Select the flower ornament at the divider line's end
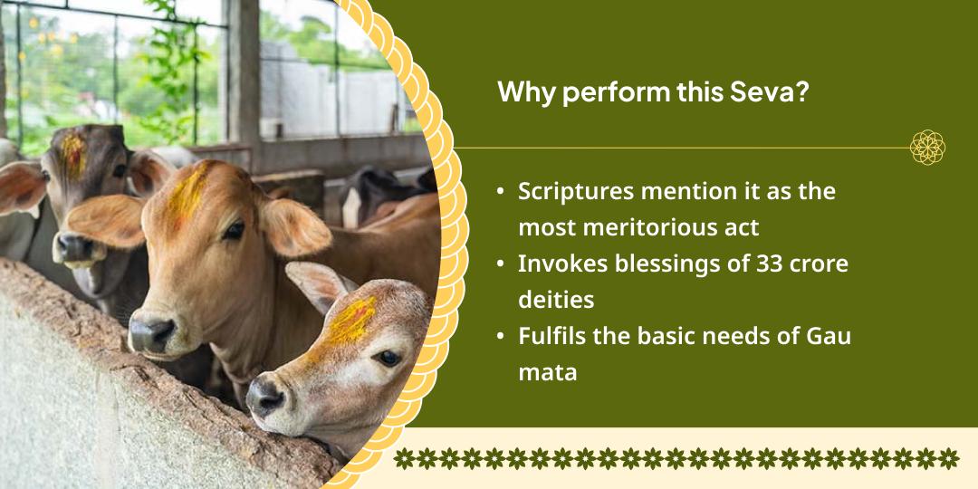[x=927, y=147]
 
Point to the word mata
[x=547, y=371]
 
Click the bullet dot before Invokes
[x=502, y=264]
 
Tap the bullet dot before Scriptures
[x=502, y=192]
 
